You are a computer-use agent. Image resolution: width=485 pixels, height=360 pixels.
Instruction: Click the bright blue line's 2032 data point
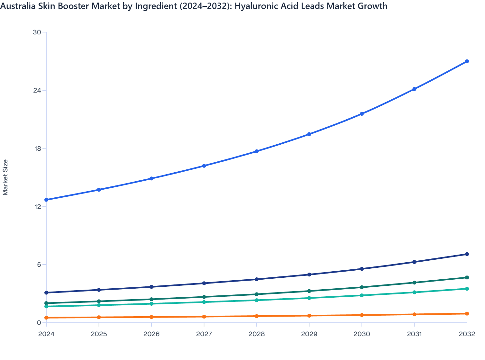click(x=467, y=61)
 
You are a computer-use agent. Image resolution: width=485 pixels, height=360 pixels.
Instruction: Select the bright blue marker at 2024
click(x=46, y=200)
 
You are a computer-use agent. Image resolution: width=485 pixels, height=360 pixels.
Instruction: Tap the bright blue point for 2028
click(x=257, y=151)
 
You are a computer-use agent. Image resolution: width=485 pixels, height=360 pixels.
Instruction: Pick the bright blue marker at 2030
click(x=362, y=114)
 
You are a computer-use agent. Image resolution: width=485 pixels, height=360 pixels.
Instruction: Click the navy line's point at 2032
click(x=467, y=254)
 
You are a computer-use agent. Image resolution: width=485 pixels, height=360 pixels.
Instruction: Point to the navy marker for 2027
click(x=204, y=283)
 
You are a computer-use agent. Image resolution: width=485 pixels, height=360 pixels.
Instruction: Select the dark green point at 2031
click(x=414, y=283)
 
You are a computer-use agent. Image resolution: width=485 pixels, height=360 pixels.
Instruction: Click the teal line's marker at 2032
click(x=467, y=289)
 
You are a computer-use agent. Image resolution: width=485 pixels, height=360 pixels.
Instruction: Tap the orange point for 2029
click(x=309, y=316)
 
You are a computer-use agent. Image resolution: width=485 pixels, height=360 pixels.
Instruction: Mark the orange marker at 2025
click(x=99, y=317)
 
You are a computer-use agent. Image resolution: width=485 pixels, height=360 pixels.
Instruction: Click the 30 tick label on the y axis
click(x=37, y=32)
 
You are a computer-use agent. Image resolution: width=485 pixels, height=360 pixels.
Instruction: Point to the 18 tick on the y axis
click(x=37, y=148)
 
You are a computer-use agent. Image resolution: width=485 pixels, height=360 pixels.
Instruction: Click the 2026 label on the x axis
click(x=151, y=334)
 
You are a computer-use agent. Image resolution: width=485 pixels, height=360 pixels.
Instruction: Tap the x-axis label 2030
click(x=362, y=334)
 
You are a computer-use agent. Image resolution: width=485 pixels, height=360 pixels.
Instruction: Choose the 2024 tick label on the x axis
click(x=46, y=334)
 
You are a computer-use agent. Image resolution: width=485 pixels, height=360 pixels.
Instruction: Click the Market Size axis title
click(x=5, y=177)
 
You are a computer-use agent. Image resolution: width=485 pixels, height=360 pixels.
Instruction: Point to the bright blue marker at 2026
click(x=151, y=178)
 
